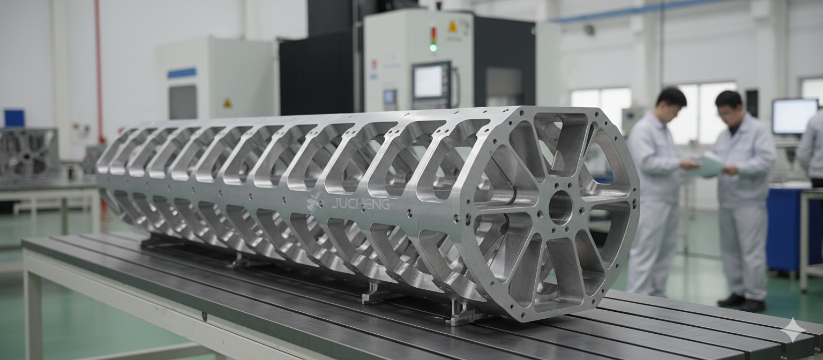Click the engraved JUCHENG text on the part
pyautogui.click(x=361, y=204)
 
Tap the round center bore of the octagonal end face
pyautogui.click(x=560, y=207)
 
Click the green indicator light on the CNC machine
pyautogui.click(x=433, y=48)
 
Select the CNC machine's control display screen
pyautogui.click(x=429, y=81)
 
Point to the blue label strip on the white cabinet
pyautogui.click(x=182, y=73)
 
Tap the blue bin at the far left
pyautogui.click(x=14, y=118)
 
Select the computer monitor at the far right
pyautogui.click(x=794, y=116)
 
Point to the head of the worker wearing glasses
pyautogui.click(x=729, y=106)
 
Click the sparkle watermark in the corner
pyautogui.click(x=792, y=330)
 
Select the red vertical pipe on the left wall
pyautogui.click(x=100, y=70)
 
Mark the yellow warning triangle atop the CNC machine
pyautogui.click(x=452, y=26)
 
